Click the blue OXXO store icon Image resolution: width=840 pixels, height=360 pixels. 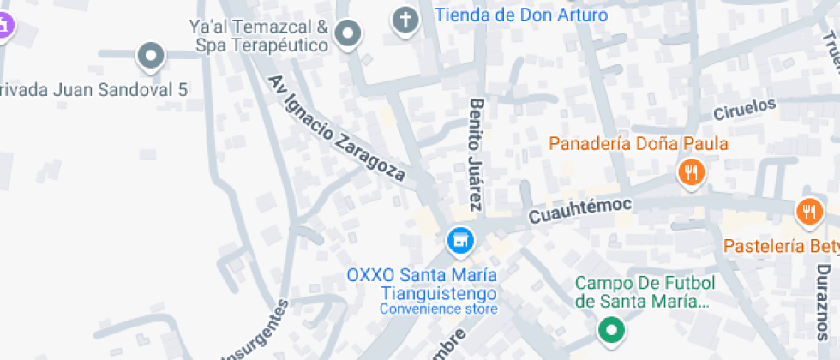460,239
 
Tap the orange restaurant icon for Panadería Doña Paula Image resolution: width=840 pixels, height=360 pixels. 691,173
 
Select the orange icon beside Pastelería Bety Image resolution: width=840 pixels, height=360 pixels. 809,211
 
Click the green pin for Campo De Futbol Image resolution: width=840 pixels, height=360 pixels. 610,328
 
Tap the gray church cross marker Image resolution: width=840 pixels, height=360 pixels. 404,20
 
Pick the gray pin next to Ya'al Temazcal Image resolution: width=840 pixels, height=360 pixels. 348,35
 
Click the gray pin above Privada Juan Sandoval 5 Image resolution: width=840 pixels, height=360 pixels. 152,57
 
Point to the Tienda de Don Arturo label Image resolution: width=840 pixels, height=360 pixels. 521,15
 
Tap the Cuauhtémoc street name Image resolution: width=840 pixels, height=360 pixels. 579,209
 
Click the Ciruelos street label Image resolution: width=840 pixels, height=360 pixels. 744,110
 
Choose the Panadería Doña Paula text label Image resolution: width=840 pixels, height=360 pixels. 639,143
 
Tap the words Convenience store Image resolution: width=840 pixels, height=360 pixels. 438,309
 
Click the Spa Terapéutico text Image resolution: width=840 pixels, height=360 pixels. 261,45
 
